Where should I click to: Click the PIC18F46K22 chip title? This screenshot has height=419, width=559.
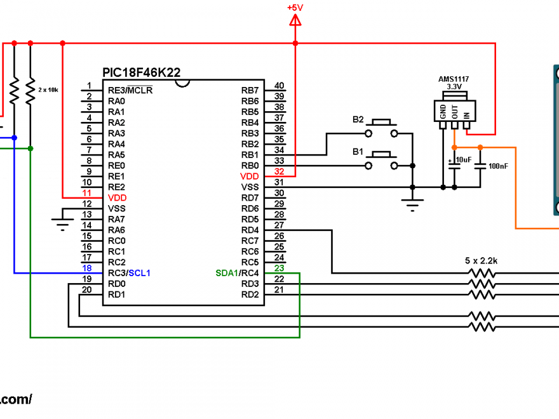click(141, 72)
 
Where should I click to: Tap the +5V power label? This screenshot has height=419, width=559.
click(295, 8)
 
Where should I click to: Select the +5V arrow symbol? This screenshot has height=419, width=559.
click(295, 22)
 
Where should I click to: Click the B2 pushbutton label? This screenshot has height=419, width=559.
click(358, 119)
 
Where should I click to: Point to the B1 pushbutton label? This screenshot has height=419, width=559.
click(358, 152)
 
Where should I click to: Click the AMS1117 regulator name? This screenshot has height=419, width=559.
click(454, 79)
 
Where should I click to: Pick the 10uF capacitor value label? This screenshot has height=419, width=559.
click(464, 159)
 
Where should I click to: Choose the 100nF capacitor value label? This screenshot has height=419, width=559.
click(499, 166)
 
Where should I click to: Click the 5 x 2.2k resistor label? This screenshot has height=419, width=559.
click(481, 261)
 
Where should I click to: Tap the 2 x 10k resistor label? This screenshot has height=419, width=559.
click(48, 90)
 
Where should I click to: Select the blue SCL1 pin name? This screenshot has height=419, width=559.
click(139, 273)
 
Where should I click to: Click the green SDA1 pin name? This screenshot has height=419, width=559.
click(226, 273)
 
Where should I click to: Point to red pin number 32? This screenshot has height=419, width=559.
click(279, 171)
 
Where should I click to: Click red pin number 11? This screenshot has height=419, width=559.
click(86, 193)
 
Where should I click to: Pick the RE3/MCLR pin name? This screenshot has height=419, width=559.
click(130, 90)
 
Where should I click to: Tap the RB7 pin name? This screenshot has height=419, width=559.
click(250, 91)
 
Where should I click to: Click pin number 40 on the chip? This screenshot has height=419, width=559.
click(279, 86)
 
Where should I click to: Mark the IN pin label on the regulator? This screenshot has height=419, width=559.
click(466, 115)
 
